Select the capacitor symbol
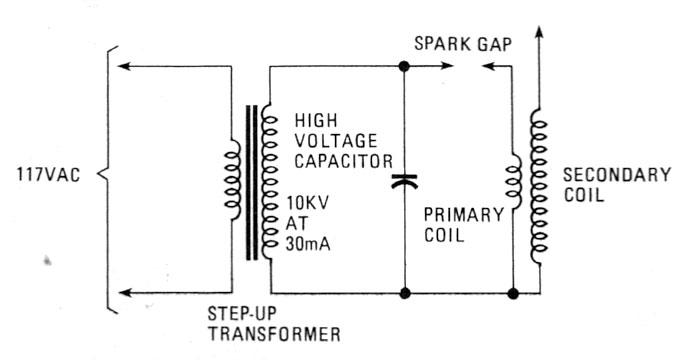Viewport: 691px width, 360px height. click(x=403, y=182)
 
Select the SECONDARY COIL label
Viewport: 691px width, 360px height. click(x=615, y=184)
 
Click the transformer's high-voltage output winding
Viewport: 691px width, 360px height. click(x=267, y=180)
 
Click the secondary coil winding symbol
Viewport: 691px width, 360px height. click(x=540, y=190)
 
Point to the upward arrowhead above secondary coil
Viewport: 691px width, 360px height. click(x=540, y=33)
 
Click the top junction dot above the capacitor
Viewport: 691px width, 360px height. click(x=403, y=67)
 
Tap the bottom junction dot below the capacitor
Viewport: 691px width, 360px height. click(x=403, y=294)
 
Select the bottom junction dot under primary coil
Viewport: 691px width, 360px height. click(x=513, y=294)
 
